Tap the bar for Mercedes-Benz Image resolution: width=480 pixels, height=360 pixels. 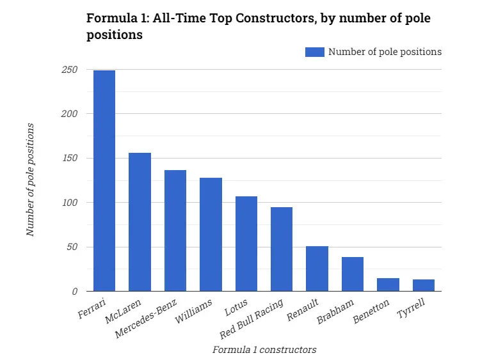(175, 230)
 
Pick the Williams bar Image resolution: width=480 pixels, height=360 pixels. (211, 234)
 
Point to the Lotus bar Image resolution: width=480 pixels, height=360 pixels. (246, 244)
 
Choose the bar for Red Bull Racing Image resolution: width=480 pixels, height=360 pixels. (282, 249)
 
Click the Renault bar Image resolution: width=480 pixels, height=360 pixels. (317, 269)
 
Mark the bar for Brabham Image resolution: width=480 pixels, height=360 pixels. (353, 274)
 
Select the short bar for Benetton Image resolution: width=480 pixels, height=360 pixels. (388, 285)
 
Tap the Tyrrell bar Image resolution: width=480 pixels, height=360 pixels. (424, 285)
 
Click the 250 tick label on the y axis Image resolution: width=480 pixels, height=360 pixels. (69, 70)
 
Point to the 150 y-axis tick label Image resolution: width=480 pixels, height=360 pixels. (69, 158)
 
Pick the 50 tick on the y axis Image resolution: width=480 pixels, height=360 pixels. (72, 247)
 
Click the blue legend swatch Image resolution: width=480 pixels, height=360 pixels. (315, 52)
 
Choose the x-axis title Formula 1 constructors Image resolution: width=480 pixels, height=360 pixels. (264, 349)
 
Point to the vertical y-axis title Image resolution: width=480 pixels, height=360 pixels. (30, 180)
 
